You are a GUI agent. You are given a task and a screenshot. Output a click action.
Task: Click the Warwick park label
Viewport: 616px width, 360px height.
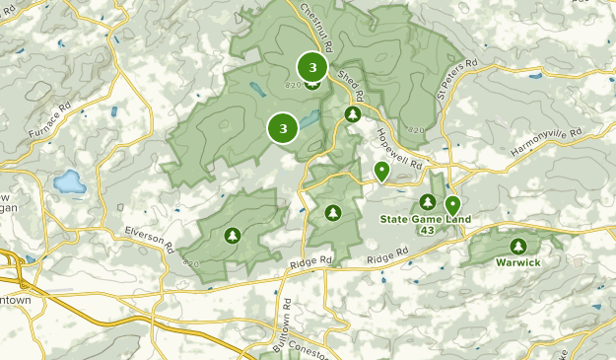pyautogui.click(x=517, y=263)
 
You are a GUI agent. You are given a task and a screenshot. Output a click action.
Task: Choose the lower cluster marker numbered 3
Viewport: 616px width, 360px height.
pyautogui.click(x=283, y=128)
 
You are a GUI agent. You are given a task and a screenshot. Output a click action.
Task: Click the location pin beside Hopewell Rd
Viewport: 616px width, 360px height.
pyautogui.click(x=381, y=172)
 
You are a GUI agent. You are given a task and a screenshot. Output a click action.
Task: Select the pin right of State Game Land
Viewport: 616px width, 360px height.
pyautogui.click(x=453, y=206)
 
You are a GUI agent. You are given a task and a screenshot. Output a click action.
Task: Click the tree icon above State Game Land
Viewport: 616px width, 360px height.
pyautogui.click(x=413, y=201)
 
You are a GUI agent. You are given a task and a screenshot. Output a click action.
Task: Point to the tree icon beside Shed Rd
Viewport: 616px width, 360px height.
pyautogui.click(x=352, y=115)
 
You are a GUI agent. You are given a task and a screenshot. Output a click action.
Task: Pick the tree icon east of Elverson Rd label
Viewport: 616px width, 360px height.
pyautogui.click(x=233, y=235)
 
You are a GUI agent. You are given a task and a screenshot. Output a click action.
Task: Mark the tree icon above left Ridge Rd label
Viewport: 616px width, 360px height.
pyautogui.click(x=333, y=212)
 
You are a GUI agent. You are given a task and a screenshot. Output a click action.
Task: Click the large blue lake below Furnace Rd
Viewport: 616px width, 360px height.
pyautogui.click(x=70, y=181)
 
